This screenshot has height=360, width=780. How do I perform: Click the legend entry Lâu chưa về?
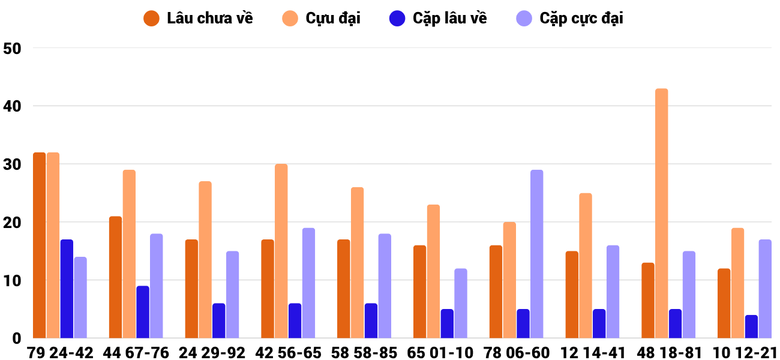(x=198, y=19)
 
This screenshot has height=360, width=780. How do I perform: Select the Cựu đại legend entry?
(x=321, y=19)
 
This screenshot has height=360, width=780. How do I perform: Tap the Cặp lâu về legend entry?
(x=438, y=19)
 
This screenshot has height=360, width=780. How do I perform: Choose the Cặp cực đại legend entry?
(x=569, y=19)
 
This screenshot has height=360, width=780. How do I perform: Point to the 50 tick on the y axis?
(x=12, y=49)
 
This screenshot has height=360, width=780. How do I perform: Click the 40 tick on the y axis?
(x=12, y=106)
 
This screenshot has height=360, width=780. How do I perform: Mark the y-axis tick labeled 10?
(x=12, y=281)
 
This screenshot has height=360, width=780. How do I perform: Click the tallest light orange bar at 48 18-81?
(x=662, y=213)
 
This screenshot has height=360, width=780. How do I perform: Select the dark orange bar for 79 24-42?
(x=40, y=245)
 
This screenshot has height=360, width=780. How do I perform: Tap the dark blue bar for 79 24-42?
(x=67, y=289)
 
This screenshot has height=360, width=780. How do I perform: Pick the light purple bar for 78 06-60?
(x=536, y=254)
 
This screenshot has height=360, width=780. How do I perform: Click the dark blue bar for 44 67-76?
(x=143, y=312)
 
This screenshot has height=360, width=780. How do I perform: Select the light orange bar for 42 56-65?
(x=281, y=251)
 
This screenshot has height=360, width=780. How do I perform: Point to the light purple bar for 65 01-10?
(x=461, y=303)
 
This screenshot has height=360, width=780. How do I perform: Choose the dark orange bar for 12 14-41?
(x=572, y=295)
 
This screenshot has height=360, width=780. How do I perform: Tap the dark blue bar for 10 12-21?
(x=751, y=326)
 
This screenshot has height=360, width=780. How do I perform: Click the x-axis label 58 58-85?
(x=364, y=353)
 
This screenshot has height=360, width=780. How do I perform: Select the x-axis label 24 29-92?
(x=212, y=353)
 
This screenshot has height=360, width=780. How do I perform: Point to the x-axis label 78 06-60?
(x=516, y=353)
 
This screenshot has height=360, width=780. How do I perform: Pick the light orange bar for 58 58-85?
(x=357, y=263)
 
